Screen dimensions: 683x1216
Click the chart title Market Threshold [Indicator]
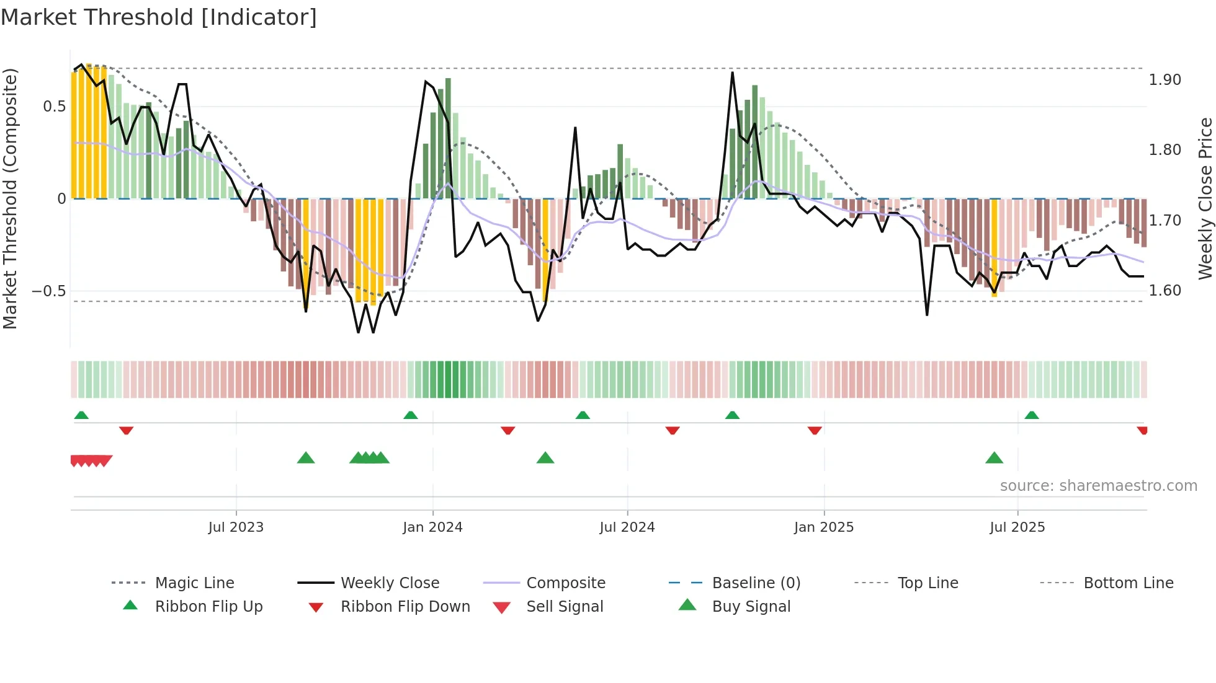(159, 17)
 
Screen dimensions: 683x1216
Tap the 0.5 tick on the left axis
(54, 107)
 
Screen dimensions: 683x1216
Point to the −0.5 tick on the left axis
(49, 291)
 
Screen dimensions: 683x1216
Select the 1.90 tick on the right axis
(1165, 80)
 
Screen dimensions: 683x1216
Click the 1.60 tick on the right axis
(1165, 291)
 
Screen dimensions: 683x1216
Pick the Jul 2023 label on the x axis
(236, 527)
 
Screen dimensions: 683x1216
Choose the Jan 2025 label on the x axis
(823, 527)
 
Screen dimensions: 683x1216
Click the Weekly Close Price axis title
(1205, 198)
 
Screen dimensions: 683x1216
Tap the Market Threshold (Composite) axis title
(10, 198)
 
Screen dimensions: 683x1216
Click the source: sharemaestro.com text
(1098, 486)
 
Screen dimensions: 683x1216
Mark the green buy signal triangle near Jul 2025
(994, 458)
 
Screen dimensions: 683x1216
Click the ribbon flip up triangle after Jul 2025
(1031, 415)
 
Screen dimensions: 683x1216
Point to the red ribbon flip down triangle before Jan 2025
(815, 430)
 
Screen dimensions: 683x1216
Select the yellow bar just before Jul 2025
(994, 248)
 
